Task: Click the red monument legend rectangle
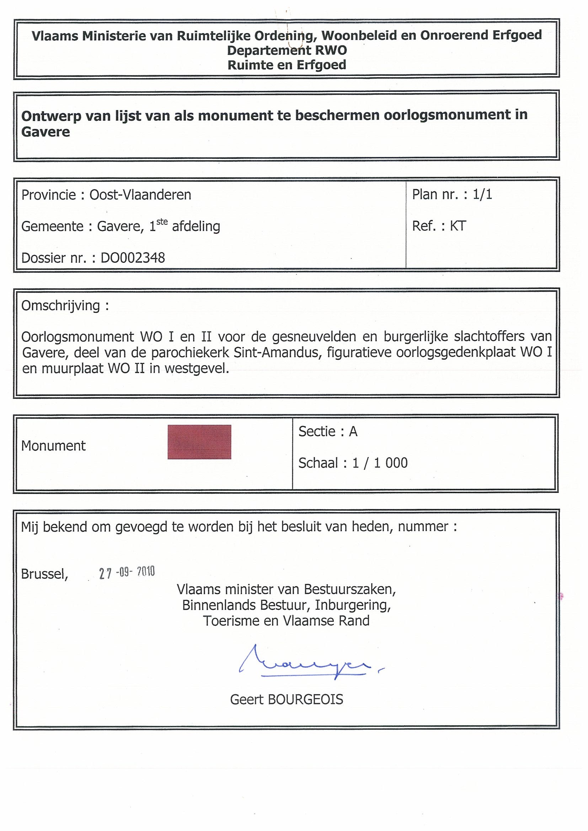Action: [199, 442]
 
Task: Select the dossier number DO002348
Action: [133, 258]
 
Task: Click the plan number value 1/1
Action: [482, 195]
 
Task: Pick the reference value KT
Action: [458, 226]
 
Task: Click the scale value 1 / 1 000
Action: [380, 463]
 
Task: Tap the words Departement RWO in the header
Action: [287, 50]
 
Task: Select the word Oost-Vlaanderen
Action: [140, 195]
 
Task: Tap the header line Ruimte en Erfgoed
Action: [287, 65]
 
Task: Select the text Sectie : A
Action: [328, 431]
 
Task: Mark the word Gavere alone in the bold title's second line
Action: [46, 132]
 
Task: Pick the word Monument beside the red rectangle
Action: [54, 446]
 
